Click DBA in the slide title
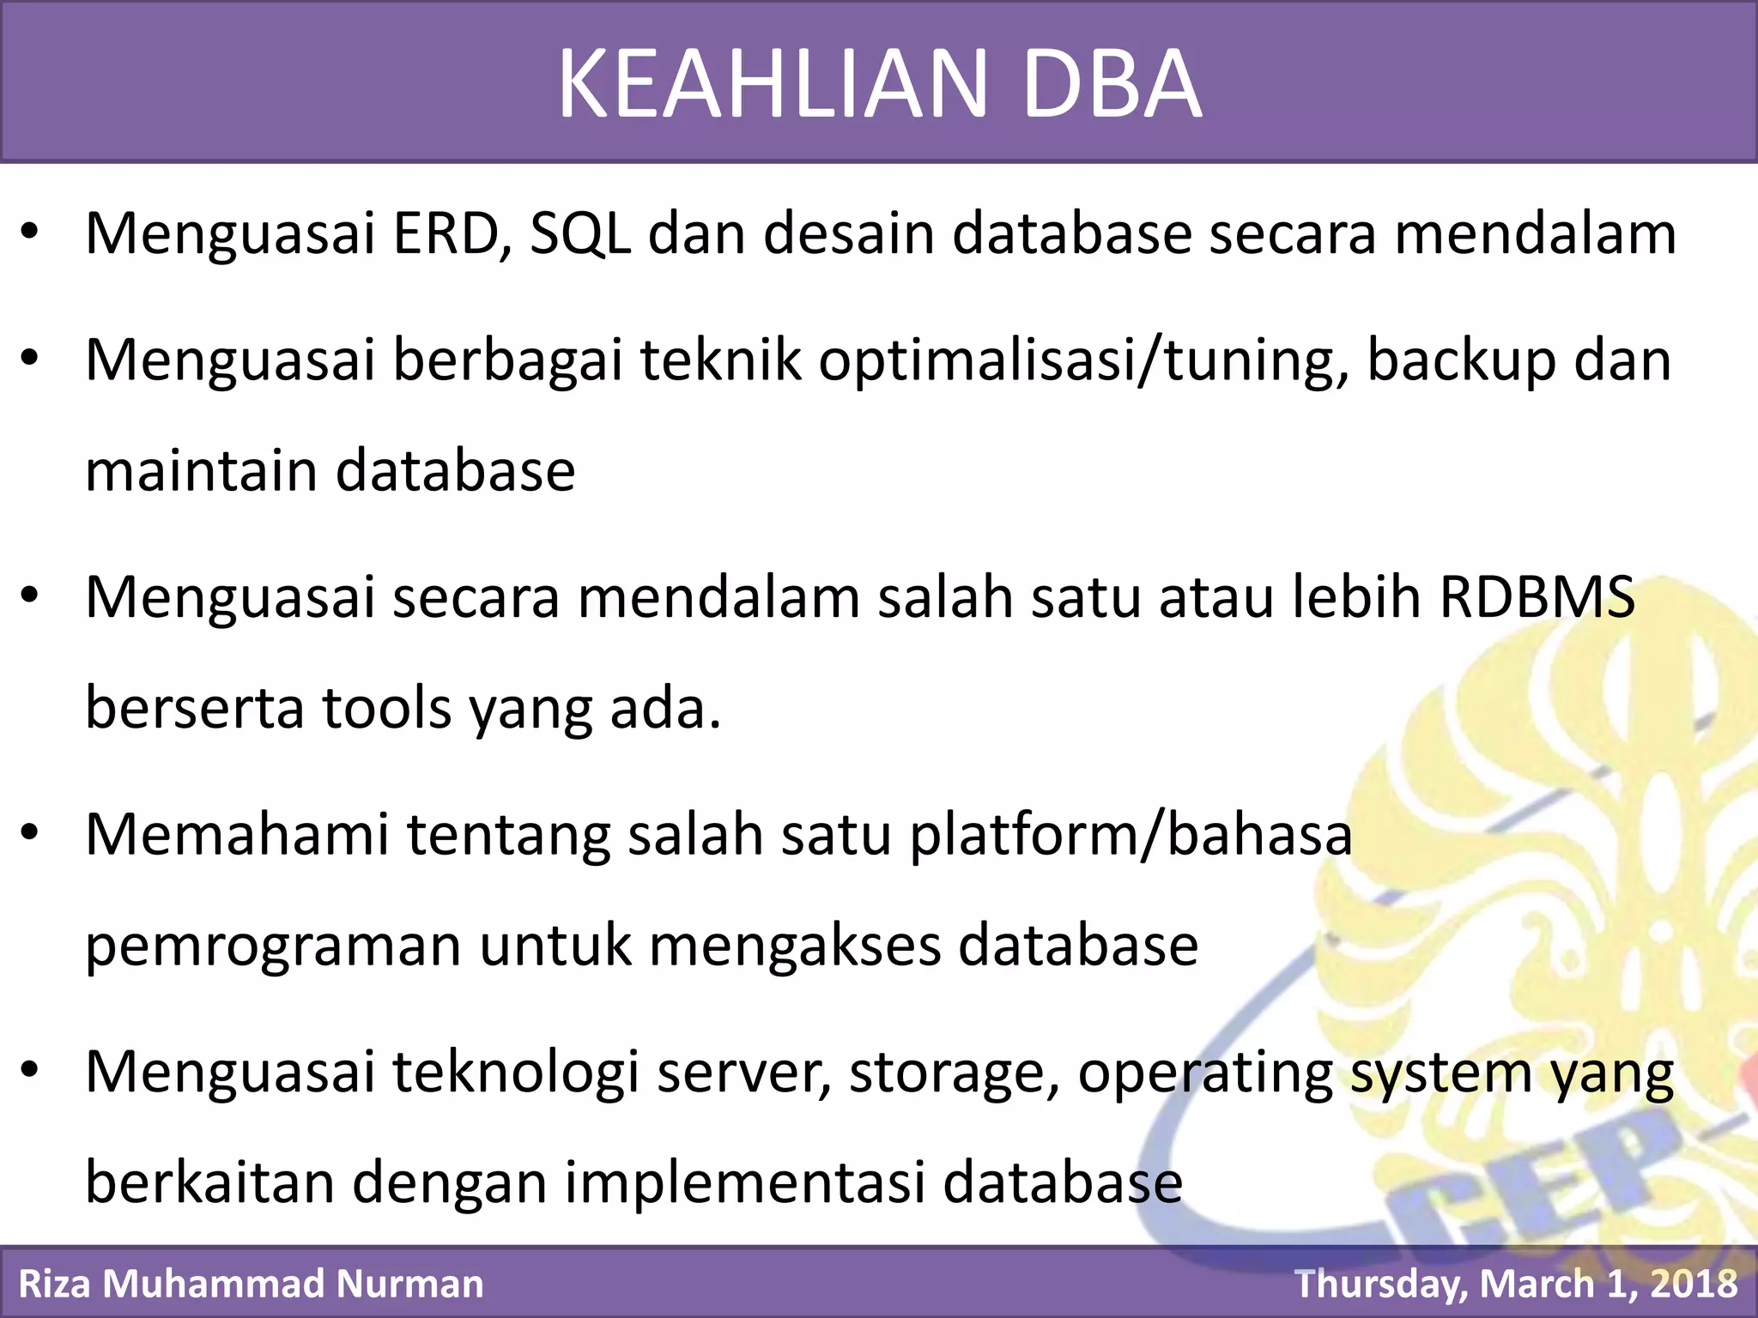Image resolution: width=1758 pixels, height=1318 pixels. pos(1112,84)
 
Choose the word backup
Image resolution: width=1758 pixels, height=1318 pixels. pos(1460,360)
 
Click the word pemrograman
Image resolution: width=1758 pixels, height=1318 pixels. pos(273,946)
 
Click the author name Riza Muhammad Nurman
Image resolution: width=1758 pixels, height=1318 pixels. pos(251,1284)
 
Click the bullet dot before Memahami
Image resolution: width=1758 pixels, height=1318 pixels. pos(31,832)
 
